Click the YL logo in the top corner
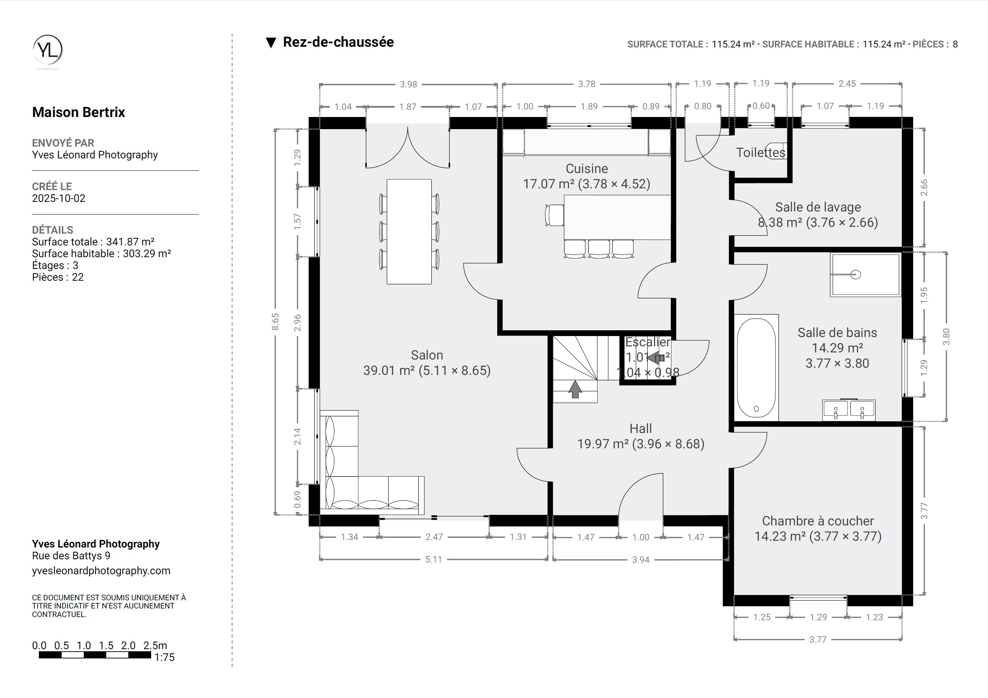(48, 50)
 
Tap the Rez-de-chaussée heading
(338, 42)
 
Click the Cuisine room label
(587, 168)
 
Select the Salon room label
(427, 355)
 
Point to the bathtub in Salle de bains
(756, 368)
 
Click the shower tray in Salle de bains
(865, 275)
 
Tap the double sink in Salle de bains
(849, 409)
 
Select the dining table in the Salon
(409, 232)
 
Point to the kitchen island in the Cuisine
(617, 218)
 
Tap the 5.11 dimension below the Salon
(433, 559)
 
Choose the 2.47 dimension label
(434, 537)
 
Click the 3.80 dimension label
(946, 337)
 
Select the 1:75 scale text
(164, 657)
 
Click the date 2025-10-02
(58, 198)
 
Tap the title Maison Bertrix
(78, 112)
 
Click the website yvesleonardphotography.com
(101, 571)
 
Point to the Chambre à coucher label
(818, 521)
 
